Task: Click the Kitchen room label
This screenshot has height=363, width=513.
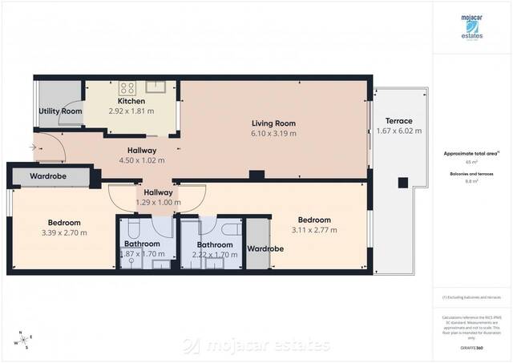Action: coord(131,101)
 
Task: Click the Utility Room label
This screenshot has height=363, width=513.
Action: coord(60,111)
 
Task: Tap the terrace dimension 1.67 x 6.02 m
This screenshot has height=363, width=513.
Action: coord(398,131)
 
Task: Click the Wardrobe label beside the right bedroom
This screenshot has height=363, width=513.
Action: coord(265,248)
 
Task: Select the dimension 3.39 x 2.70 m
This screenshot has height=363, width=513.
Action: coord(64,232)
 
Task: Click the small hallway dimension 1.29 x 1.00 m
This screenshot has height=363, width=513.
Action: coord(158,203)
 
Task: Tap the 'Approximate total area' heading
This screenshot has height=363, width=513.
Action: coord(471,152)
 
